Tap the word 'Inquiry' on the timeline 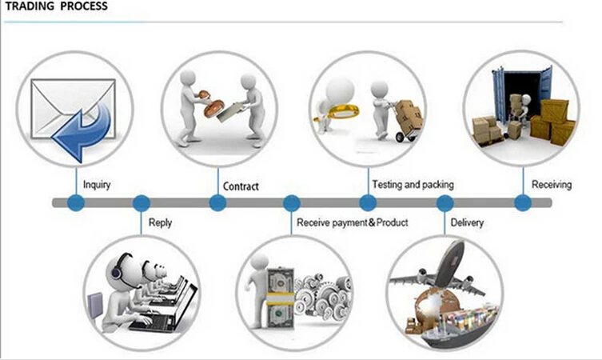98,185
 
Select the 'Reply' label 160,222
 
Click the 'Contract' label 241,186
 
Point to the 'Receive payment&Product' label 352,222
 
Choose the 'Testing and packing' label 417,185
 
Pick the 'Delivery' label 467,222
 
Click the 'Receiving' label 552,185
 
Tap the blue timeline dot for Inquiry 76,203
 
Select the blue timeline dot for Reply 142,203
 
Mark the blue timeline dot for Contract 217,203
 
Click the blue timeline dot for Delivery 445,203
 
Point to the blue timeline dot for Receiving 522,203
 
